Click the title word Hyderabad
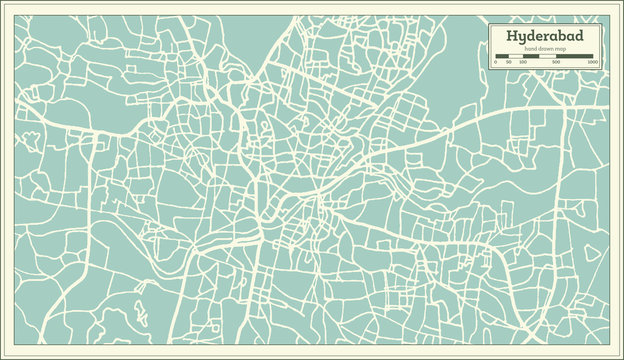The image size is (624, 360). (x=545, y=37)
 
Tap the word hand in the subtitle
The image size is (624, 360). (x=529, y=49)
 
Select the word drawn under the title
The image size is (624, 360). (x=545, y=49)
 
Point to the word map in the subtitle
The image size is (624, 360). (x=561, y=49)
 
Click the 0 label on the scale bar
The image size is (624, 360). (x=496, y=62)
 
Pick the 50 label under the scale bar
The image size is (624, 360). (x=509, y=62)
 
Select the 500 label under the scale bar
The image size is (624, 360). (x=556, y=62)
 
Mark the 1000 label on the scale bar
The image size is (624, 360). (x=592, y=62)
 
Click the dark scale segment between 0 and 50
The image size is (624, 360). (x=502, y=56)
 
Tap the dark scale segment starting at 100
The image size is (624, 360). (x=530, y=56)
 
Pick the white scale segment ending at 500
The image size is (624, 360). (x=548, y=56)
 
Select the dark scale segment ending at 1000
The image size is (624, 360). (x=575, y=56)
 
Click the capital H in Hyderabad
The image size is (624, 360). (x=512, y=37)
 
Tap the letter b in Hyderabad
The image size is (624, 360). (x=567, y=37)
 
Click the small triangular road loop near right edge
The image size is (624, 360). (x=592, y=252)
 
